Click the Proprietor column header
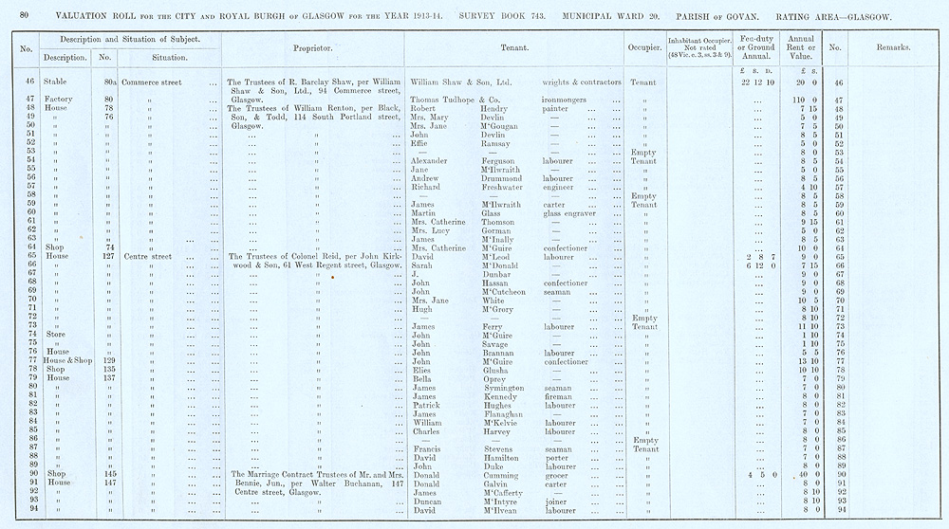tap(311, 46)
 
